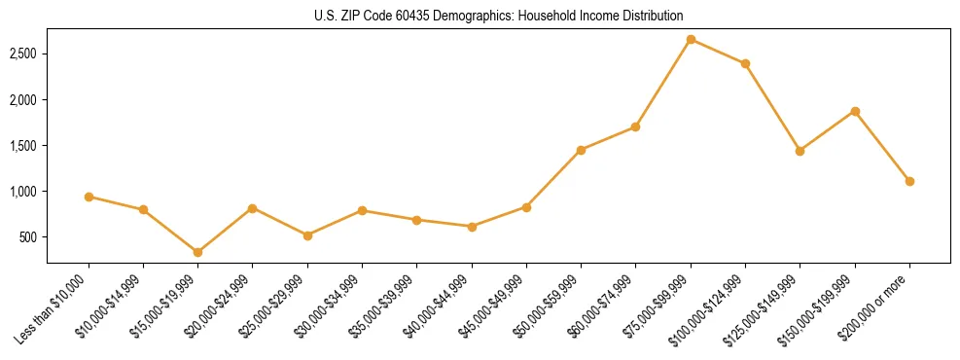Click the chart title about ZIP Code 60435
480,16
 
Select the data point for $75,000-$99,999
691,39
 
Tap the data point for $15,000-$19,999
197,252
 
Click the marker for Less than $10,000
89,197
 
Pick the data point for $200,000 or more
909,181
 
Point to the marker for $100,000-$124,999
745,63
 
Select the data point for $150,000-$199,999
855,111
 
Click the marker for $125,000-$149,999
800,151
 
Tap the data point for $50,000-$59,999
581,150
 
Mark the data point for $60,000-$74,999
635,126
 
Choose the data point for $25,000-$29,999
307,235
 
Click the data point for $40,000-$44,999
472,227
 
